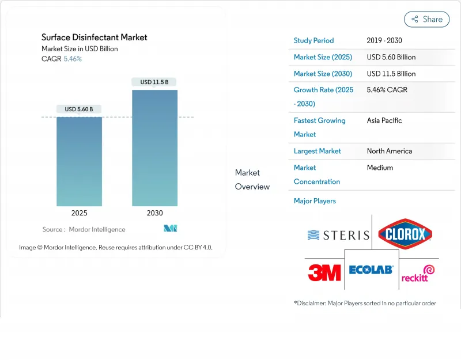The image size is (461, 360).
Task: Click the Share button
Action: tap(427, 19)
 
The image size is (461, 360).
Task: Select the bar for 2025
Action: tap(79, 161)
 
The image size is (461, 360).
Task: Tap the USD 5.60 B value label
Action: tap(79, 109)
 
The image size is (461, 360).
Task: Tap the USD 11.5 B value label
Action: tap(154, 82)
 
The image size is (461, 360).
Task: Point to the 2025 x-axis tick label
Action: tap(79, 213)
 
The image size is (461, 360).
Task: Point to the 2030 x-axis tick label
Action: tap(154, 213)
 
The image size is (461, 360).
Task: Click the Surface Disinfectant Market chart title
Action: tap(94, 37)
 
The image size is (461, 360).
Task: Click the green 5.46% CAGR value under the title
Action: tap(73, 59)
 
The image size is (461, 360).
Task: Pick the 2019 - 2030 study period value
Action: tap(384, 41)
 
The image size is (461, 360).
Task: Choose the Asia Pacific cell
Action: tap(384, 120)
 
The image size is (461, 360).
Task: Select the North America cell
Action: tap(390, 151)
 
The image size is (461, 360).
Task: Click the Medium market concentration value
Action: tap(380, 168)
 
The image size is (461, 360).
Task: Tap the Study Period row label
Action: tap(313, 41)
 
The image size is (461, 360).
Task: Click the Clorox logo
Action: tap(405, 234)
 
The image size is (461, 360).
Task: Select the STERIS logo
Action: tap(338, 235)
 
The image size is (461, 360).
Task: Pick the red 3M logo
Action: tap(324, 272)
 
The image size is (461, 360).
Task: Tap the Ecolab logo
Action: tap(371, 270)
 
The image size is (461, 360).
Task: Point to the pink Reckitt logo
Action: tap(418, 273)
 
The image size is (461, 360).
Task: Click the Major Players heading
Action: tap(315, 201)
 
